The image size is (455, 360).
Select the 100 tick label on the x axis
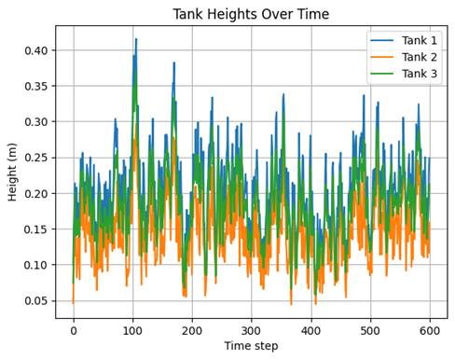tap(133, 330)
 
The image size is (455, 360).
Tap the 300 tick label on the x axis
tap(252, 330)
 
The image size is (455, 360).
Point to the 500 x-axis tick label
tap(371, 330)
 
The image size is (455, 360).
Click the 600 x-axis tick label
tap(430, 330)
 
